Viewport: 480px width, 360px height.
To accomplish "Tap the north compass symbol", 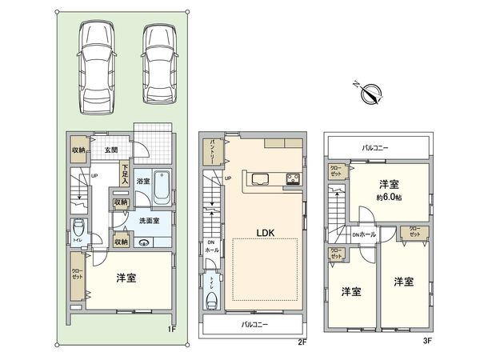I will [x=370, y=94].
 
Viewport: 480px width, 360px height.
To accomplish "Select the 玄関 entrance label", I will [x=110, y=150].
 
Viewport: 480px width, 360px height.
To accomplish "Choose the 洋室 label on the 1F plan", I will [x=126, y=278].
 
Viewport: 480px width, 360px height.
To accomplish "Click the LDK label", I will [x=266, y=232].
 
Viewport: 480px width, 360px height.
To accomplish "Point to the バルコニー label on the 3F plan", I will [x=375, y=149].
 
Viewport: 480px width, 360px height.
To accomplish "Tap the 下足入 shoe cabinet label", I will [x=126, y=173].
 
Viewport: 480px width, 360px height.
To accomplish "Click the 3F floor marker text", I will [x=427, y=339].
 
